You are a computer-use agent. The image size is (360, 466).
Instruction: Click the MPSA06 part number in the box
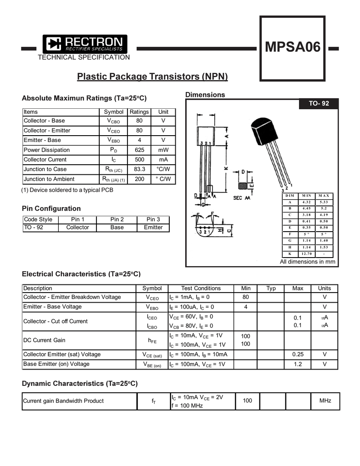tap(293, 47)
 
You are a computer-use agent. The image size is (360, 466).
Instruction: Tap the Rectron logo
tap(86, 44)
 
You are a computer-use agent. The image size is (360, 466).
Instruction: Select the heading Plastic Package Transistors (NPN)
tap(152, 76)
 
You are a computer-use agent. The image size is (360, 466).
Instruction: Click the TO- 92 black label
tap(319, 104)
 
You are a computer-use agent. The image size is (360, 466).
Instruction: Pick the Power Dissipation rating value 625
tap(139, 150)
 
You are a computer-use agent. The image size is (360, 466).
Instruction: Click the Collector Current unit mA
tap(163, 159)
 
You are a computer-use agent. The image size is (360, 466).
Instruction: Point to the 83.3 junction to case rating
tap(139, 169)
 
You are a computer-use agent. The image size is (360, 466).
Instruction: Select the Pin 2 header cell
tap(117, 219)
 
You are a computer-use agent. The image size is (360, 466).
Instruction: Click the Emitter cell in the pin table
tap(153, 227)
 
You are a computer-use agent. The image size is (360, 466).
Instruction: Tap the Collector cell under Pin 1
tap(78, 227)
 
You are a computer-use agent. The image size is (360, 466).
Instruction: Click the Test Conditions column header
tap(201, 288)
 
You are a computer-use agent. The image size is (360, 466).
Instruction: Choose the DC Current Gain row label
tap(44, 340)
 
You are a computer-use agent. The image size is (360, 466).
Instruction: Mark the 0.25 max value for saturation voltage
tap(298, 354)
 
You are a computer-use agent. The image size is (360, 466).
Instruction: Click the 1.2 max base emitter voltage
tap(298, 364)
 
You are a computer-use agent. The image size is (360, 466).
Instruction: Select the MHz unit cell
tap(325, 400)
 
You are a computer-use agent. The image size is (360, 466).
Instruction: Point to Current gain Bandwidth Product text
tap(63, 401)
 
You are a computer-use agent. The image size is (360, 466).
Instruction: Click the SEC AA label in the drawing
tap(242, 198)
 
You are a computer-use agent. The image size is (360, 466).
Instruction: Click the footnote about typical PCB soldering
tap(67, 190)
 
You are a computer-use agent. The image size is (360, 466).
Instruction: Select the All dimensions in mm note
tap(307, 262)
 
